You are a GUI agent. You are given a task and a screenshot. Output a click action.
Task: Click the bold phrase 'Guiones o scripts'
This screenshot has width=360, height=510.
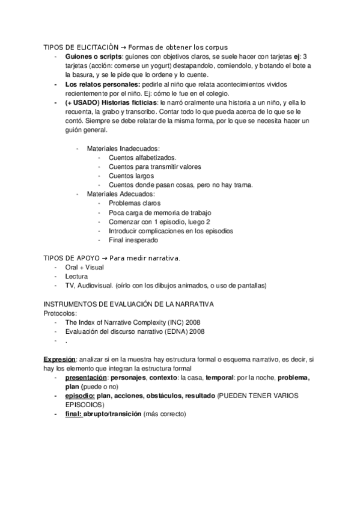click(x=90, y=57)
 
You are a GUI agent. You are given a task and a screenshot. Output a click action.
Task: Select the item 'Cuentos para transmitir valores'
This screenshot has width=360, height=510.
click(x=154, y=167)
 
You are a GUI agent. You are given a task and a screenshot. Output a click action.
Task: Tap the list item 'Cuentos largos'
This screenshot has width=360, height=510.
click(x=131, y=176)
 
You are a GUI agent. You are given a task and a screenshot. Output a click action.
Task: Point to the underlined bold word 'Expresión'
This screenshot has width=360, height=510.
click(x=59, y=358)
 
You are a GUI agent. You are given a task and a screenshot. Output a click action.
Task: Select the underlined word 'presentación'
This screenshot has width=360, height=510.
click(x=87, y=378)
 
